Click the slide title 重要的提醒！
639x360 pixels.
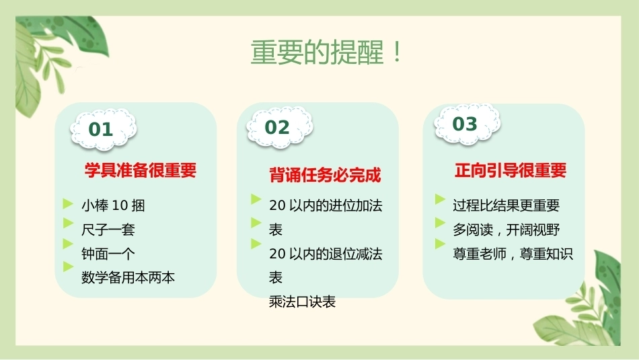coord(326,52)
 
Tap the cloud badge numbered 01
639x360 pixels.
coord(103,129)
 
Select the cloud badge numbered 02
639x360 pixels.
coord(280,127)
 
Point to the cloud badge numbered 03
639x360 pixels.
coord(467,124)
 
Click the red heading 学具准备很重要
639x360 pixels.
coord(141,170)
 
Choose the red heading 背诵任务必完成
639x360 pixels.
coord(325,175)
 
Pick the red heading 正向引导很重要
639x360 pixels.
coord(511,170)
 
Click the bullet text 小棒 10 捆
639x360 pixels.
coord(113,205)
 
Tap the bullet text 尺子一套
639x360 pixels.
coord(108,229)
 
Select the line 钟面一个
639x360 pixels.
coord(108,254)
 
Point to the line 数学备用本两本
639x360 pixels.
coord(128,277)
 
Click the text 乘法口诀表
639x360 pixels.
coord(302,301)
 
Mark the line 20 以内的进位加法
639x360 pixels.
coord(326,205)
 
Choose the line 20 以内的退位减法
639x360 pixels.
coord(326,254)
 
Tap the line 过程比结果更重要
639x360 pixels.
coord(506,205)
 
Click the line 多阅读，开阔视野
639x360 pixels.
coord(506,229)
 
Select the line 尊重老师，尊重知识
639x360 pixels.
coord(513,254)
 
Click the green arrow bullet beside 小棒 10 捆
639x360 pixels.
coord(68,203)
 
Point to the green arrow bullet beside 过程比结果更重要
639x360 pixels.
coord(440,199)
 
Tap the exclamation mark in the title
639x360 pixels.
coord(397,52)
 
